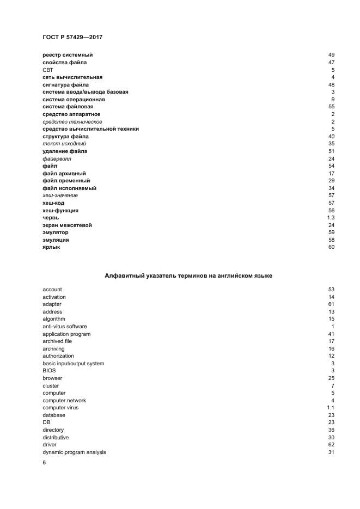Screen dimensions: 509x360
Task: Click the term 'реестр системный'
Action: coord(68,55)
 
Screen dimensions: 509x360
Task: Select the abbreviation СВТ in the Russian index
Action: coord(48,70)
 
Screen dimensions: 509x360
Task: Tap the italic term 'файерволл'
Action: coord(57,158)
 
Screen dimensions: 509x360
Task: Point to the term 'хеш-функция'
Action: coord(60,210)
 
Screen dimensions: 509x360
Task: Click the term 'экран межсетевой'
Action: coord(67,225)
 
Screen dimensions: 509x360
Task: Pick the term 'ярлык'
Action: coord(51,247)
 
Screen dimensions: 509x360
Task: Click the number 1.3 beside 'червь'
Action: coord(330,218)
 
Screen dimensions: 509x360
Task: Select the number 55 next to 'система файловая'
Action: coord(331,107)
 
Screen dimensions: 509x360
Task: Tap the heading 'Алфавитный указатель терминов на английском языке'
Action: coord(188,276)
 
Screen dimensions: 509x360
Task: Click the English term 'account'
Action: coord(52,289)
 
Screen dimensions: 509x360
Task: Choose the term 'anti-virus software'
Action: coord(65,326)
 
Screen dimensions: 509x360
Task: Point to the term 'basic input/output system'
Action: coord(73,363)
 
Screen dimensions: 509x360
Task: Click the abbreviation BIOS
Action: coord(49,371)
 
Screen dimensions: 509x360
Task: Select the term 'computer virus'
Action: coord(61,408)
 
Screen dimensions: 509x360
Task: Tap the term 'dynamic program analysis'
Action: coord(74,452)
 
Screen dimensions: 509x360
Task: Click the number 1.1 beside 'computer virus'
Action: coord(330,408)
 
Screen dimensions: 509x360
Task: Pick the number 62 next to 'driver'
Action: coord(331,445)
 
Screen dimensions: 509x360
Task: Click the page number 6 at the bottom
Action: coord(44,463)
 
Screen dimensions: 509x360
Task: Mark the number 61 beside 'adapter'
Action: coord(331,304)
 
